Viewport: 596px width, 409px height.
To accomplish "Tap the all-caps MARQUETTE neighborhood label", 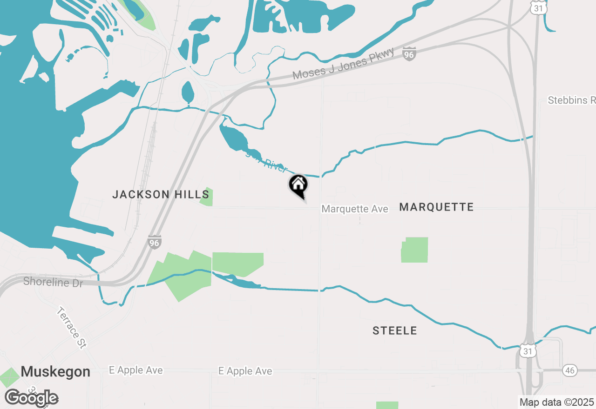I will click(436, 207).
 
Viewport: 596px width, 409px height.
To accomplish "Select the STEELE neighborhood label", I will click(394, 331).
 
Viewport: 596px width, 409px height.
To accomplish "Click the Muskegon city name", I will click(55, 372).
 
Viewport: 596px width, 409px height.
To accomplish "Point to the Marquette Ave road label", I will click(355, 209).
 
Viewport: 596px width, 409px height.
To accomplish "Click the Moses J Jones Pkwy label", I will click(343, 64).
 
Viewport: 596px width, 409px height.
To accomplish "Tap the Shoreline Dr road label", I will click(53, 282).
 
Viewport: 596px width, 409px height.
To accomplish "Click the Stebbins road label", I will click(571, 100).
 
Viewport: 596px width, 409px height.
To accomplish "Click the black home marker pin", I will click(298, 185).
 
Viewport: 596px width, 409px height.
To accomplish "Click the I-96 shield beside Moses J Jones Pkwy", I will click(409, 54).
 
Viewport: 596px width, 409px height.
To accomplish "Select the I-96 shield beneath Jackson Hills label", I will click(155, 242).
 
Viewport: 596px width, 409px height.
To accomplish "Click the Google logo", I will click(31, 398).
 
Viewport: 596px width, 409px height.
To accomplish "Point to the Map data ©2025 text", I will click(556, 402).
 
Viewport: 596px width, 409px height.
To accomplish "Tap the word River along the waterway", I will click(275, 165).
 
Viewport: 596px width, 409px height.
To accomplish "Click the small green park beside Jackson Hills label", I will click(206, 197).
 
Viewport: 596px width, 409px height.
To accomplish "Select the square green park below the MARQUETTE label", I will click(414, 250).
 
